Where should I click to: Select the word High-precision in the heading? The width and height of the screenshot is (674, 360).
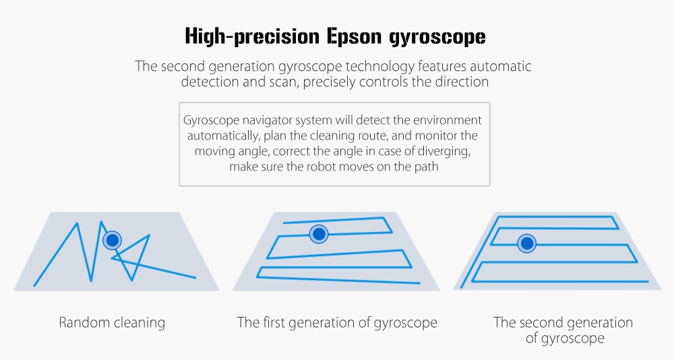[252, 36]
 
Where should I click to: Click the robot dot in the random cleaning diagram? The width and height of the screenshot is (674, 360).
[112, 240]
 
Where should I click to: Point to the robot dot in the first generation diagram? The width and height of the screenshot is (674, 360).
[319, 234]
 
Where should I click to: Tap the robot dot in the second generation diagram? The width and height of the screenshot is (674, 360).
[526, 243]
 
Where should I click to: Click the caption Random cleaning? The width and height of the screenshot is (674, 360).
[112, 322]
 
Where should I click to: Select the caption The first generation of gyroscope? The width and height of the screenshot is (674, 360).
[337, 322]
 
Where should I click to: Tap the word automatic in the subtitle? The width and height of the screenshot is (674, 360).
[500, 66]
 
